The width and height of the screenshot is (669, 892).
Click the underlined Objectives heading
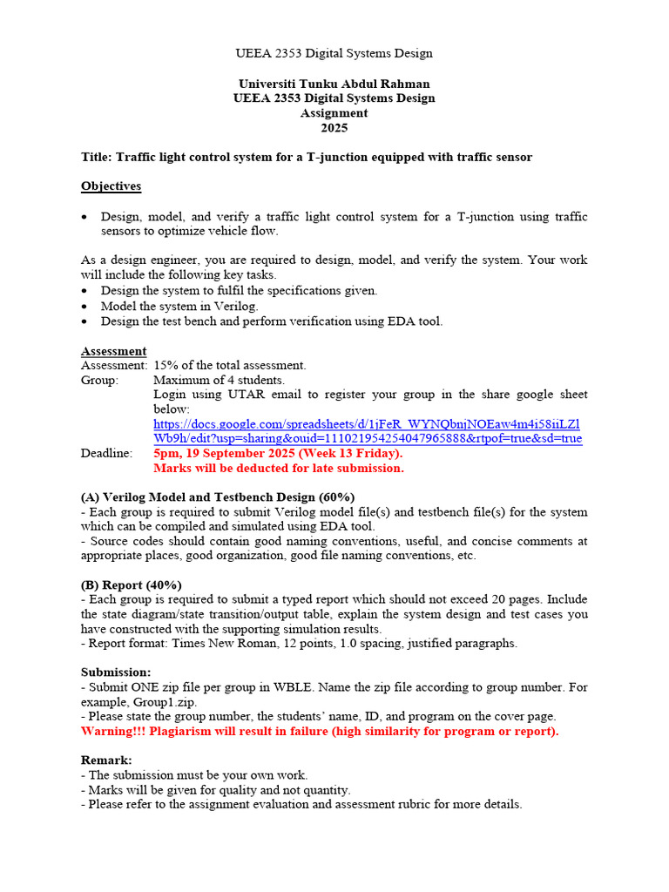[111, 186]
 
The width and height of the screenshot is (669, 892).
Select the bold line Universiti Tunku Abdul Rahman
[334, 84]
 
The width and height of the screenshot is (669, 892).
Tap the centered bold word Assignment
[334, 113]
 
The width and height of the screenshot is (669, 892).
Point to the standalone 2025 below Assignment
[334, 128]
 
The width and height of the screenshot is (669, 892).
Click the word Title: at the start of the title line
[97, 157]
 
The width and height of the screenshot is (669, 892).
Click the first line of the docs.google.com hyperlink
[367, 423]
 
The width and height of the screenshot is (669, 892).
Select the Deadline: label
[106, 453]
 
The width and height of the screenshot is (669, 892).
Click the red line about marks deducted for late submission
[279, 468]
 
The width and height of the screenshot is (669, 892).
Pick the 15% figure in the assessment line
[166, 365]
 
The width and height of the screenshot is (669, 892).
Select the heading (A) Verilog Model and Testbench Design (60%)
[218, 497]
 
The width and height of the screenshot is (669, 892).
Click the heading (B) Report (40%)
[132, 585]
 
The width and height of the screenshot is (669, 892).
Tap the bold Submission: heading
[116, 672]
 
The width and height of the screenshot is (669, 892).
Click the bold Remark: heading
[106, 760]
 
